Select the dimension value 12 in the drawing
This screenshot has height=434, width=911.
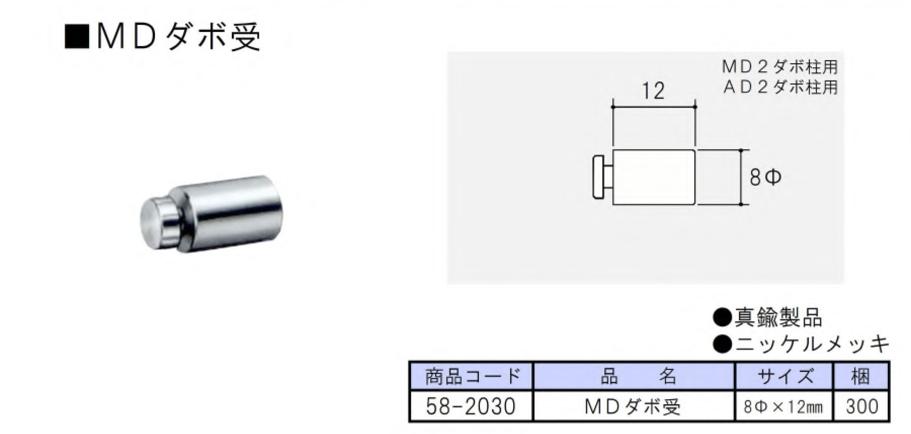653,91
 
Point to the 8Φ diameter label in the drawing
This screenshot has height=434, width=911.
765,178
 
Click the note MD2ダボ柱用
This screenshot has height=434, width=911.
779,67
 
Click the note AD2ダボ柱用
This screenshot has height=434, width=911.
779,87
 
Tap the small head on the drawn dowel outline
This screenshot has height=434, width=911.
601,178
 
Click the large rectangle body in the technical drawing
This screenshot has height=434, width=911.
653,177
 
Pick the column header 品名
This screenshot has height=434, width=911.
633,376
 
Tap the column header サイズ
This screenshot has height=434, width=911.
784,376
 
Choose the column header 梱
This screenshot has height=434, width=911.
860,376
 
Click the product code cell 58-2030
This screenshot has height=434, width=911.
471,406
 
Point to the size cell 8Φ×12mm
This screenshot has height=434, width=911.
783,407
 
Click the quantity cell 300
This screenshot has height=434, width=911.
861,406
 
